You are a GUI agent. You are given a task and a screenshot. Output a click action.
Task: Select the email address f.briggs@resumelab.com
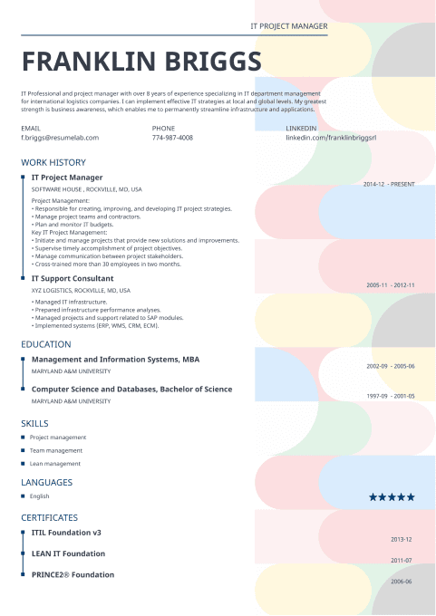(60, 138)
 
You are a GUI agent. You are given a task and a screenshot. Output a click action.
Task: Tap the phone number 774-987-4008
(172, 138)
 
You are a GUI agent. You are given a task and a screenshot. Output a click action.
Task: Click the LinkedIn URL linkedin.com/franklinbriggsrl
(330, 138)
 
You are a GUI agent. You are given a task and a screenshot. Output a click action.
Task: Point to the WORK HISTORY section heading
(53, 162)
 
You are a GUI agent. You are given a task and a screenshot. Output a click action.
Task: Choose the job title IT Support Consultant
(73, 278)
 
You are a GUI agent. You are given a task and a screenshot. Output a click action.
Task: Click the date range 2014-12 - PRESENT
(389, 184)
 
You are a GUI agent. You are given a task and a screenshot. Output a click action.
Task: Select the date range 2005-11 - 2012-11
(390, 285)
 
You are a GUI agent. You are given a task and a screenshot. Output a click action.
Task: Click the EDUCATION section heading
(45, 344)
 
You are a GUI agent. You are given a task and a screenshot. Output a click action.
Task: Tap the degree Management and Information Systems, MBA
(115, 359)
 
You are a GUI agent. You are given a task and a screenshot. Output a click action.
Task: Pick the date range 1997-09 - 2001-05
(390, 396)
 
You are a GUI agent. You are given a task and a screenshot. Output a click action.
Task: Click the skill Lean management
(55, 463)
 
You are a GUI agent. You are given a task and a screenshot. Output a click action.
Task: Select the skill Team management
(56, 450)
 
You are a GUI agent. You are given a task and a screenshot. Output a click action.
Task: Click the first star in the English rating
(373, 496)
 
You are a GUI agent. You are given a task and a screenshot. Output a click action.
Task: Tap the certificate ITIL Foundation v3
(66, 532)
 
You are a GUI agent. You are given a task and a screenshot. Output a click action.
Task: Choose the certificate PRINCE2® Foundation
(73, 574)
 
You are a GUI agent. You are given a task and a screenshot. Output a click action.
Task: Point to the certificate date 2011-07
(402, 560)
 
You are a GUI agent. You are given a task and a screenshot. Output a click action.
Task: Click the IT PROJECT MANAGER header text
(288, 27)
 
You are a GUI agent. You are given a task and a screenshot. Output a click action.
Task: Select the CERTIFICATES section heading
(49, 516)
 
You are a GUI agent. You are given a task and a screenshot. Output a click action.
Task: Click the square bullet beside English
(23, 496)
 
